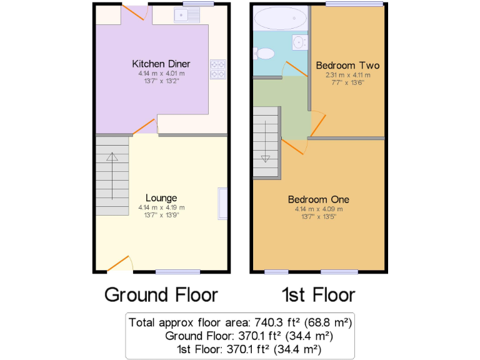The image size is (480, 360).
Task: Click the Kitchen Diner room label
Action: pos(161,64)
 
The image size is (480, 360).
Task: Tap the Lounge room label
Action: pos(161,198)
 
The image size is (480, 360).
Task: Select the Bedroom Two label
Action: pos(347,65)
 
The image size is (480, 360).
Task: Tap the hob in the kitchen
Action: pos(218,69)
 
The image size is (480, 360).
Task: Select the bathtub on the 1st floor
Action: pos(281,18)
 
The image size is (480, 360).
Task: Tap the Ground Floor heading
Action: pos(161,294)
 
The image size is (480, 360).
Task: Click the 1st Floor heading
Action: pos(319,294)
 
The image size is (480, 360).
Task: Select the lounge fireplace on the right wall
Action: pos(222,203)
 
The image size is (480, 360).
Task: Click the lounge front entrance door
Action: pos(118,264)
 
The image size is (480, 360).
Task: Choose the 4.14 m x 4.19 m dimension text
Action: pos(161,207)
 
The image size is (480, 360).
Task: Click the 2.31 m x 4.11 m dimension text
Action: pos(347,74)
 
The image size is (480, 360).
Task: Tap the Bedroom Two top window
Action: pos(354,4)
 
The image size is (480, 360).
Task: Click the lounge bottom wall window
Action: pos(178,271)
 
